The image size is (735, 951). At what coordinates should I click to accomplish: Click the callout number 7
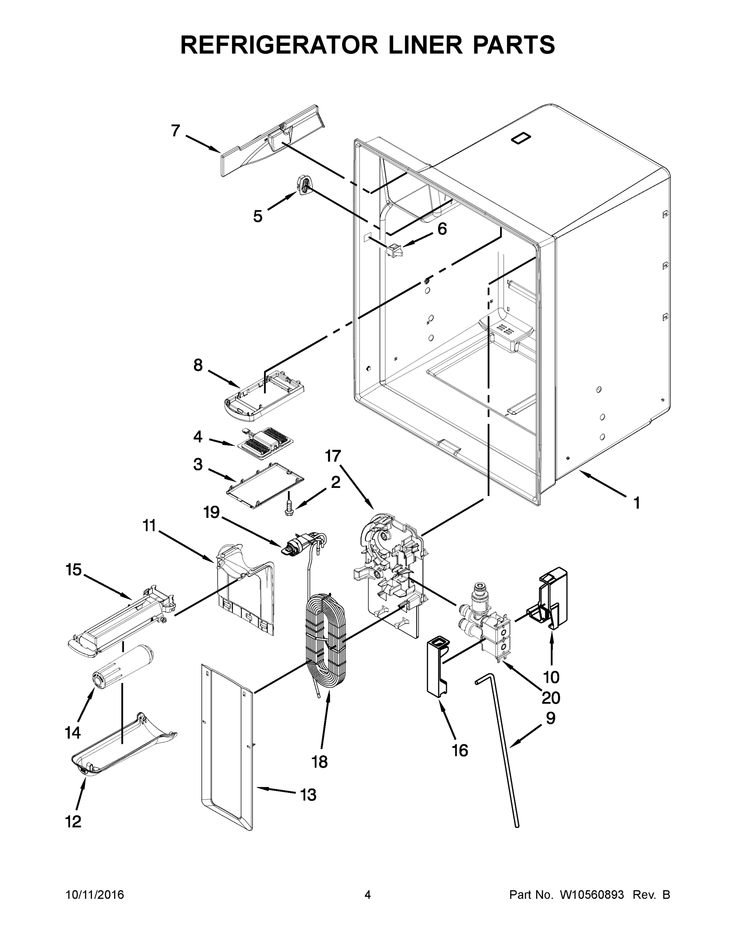tap(176, 130)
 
